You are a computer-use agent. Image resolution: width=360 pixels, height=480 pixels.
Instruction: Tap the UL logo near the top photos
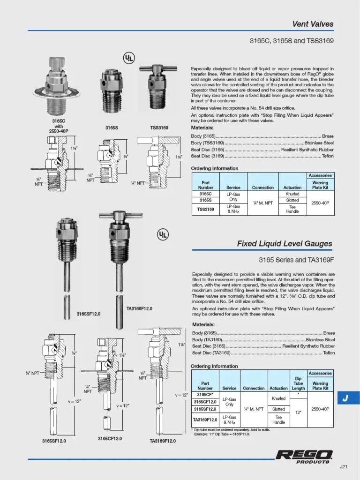coord(129,58)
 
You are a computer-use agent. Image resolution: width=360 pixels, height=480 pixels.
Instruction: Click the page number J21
coord(344,467)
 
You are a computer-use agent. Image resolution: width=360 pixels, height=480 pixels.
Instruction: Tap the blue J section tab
coord(345,398)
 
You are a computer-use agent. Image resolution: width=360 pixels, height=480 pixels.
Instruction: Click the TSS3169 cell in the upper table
coord(205,209)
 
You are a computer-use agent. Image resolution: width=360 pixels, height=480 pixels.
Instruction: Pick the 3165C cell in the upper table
coord(205,194)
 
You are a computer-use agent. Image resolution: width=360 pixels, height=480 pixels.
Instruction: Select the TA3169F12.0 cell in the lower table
coord(205,419)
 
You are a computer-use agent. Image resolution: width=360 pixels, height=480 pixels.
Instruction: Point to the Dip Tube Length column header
coord(298,383)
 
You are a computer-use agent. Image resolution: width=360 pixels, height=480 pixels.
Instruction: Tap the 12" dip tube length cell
coord(298,412)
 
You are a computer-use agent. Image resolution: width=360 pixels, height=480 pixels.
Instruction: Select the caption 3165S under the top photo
coord(111,127)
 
